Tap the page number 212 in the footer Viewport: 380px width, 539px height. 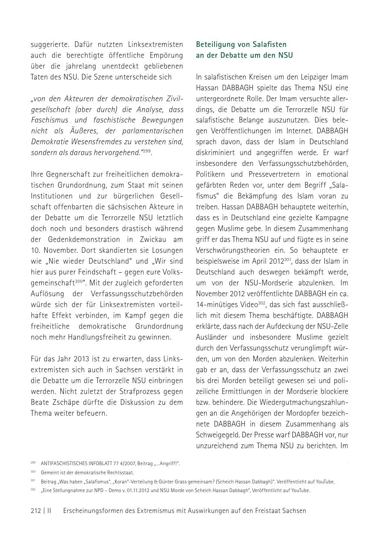click(x=36, y=511)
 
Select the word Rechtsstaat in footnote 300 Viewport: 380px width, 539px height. click(x=122, y=473)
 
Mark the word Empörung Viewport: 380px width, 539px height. click(x=165, y=55)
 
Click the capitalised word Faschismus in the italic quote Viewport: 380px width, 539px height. click(x=49, y=120)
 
